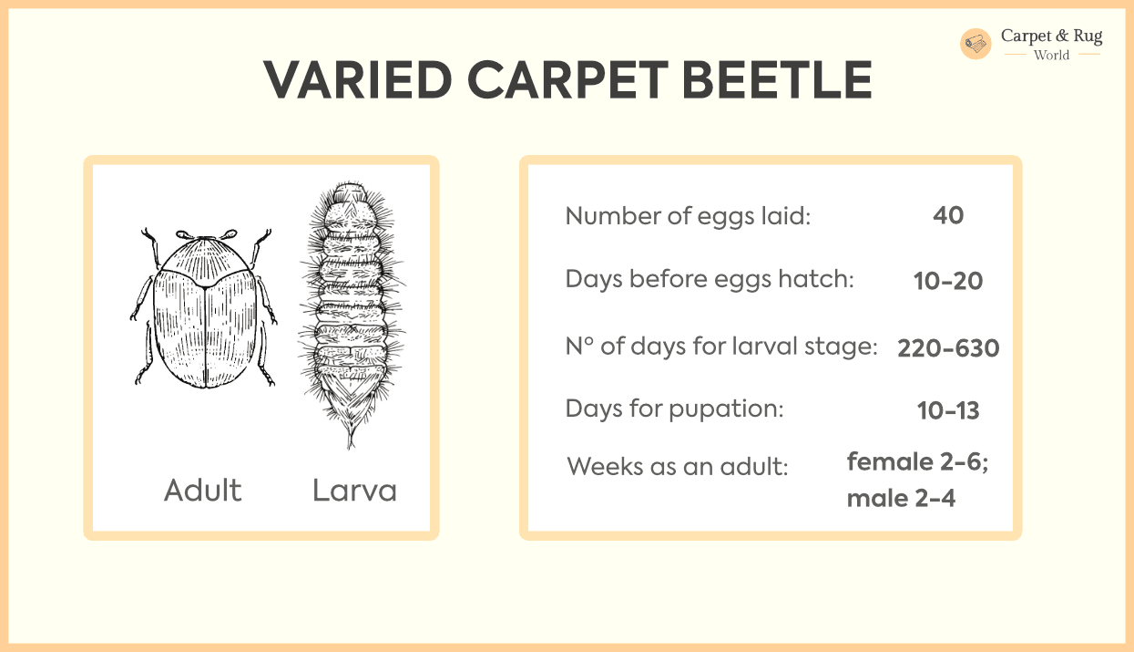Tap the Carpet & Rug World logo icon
pyautogui.click(x=976, y=44)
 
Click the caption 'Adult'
pyautogui.click(x=203, y=491)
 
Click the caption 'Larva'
pyautogui.click(x=354, y=491)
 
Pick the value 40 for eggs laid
pyautogui.click(x=948, y=215)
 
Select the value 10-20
pyautogui.click(x=948, y=281)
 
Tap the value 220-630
pyautogui.click(x=948, y=348)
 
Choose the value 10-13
pyautogui.click(x=948, y=411)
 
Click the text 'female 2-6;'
pyautogui.click(x=917, y=462)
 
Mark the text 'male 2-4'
pyautogui.click(x=901, y=499)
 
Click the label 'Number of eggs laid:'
pyautogui.click(x=688, y=216)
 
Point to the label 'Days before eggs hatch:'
pyautogui.click(x=710, y=279)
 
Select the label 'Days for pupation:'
pyautogui.click(x=674, y=409)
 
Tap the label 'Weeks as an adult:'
pyautogui.click(x=677, y=467)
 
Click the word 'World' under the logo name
pyautogui.click(x=1051, y=56)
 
